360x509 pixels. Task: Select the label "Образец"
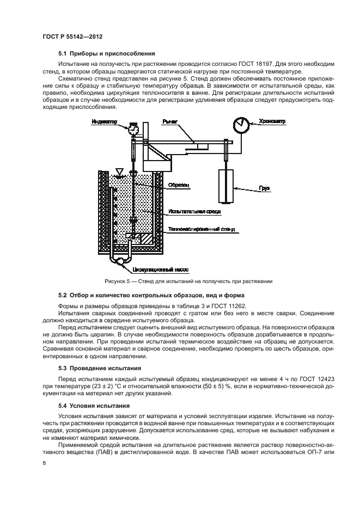pyautogui.click(x=179, y=185)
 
